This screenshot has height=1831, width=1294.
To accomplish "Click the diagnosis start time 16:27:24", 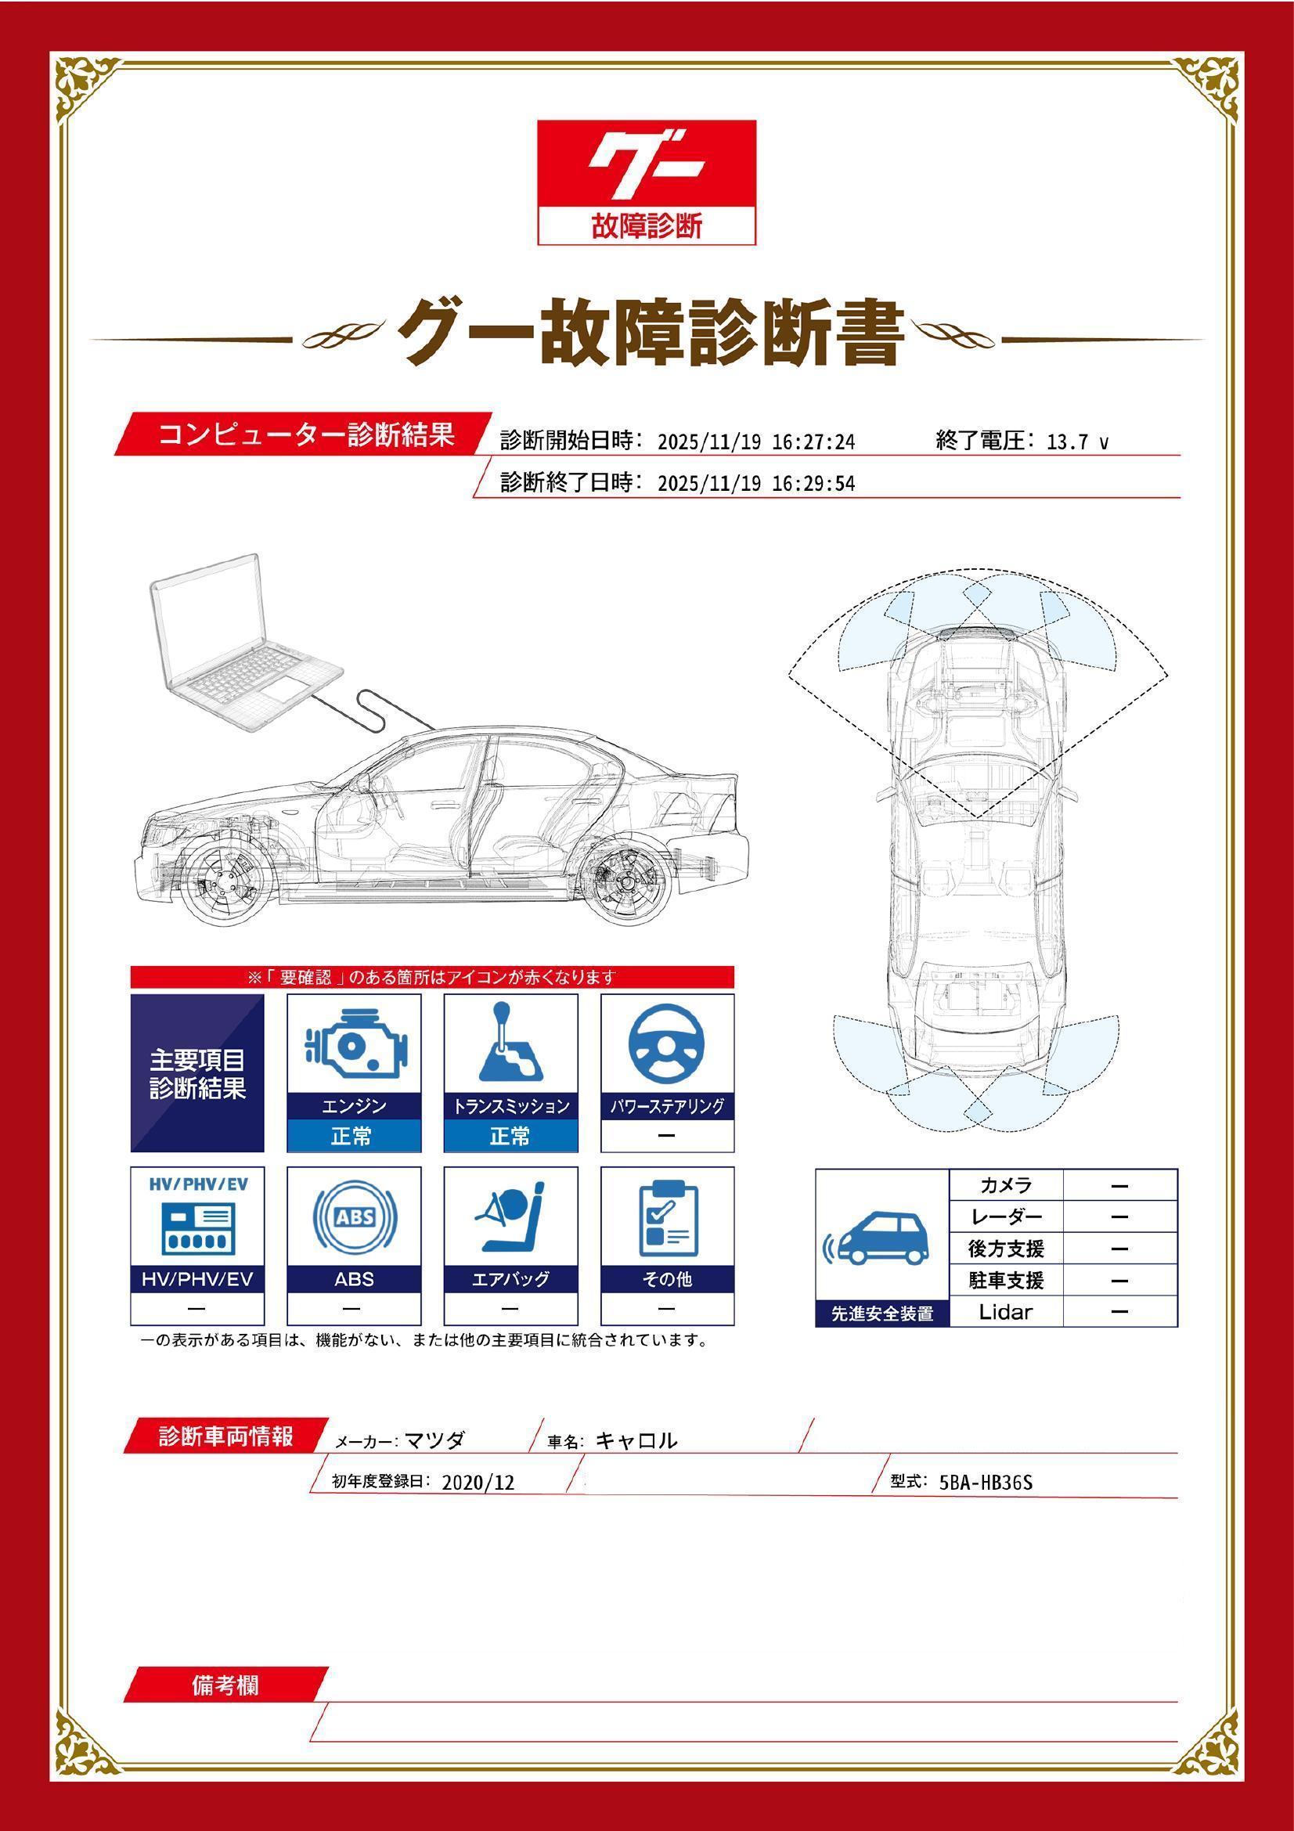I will [x=813, y=442].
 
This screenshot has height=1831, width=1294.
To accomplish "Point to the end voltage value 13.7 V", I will [x=1076, y=442].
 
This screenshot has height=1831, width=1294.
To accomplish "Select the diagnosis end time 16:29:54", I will [x=813, y=484].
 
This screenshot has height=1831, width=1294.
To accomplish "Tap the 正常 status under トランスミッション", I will [x=510, y=1136].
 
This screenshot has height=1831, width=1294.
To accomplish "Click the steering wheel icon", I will [x=666, y=1045].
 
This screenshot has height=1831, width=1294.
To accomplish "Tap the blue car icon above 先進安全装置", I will [x=881, y=1240].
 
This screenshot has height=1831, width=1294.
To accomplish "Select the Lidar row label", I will [x=1005, y=1312].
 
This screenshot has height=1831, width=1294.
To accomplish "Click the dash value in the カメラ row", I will [x=1119, y=1186].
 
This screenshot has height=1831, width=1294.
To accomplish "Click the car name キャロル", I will [x=636, y=1441].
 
